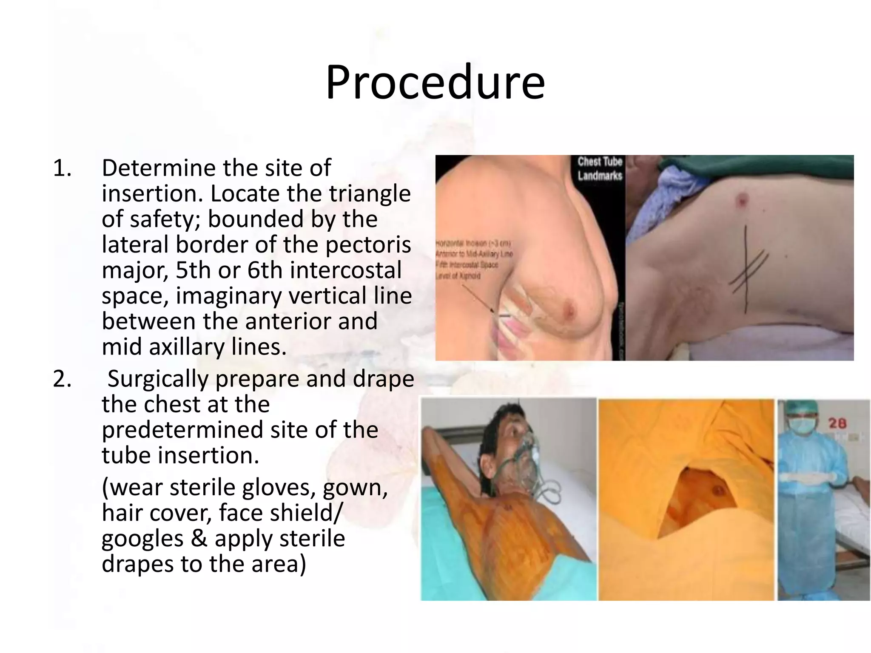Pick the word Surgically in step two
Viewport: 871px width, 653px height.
(158, 379)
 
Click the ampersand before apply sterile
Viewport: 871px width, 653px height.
(199, 538)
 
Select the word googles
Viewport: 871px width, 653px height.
(142, 539)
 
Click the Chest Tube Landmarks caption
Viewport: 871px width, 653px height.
(600, 168)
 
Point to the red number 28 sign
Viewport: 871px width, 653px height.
(837, 423)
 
